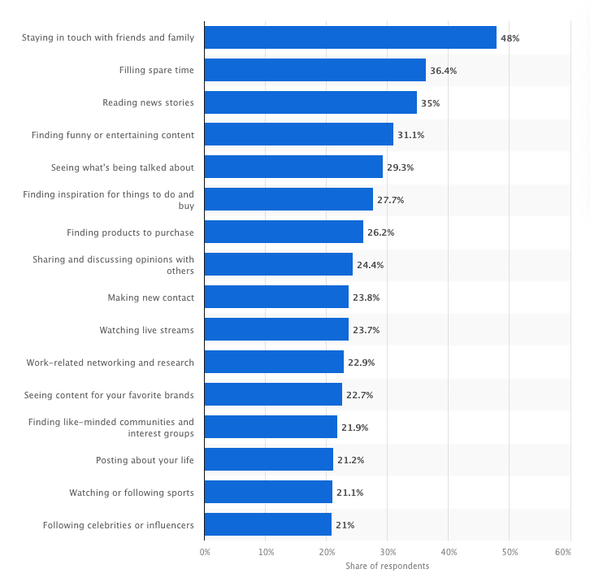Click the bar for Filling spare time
tap(315, 70)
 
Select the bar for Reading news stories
tap(310, 102)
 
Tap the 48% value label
tap(510, 38)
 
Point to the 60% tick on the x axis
tap(562, 552)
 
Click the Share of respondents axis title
tap(387, 566)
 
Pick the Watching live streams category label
tap(146, 330)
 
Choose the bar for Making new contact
tap(276, 298)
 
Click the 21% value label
tap(345, 525)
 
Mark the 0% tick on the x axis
tap(205, 552)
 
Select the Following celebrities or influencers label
tap(118, 525)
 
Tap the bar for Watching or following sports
tap(268, 493)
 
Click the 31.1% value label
tap(410, 135)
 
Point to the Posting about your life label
tap(145, 460)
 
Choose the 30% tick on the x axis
tap(388, 552)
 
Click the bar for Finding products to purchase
tap(284, 232)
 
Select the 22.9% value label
tap(361, 363)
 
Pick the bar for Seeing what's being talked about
tap(293, 167)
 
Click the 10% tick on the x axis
tap(266, 552)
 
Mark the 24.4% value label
tap(370, 265)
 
